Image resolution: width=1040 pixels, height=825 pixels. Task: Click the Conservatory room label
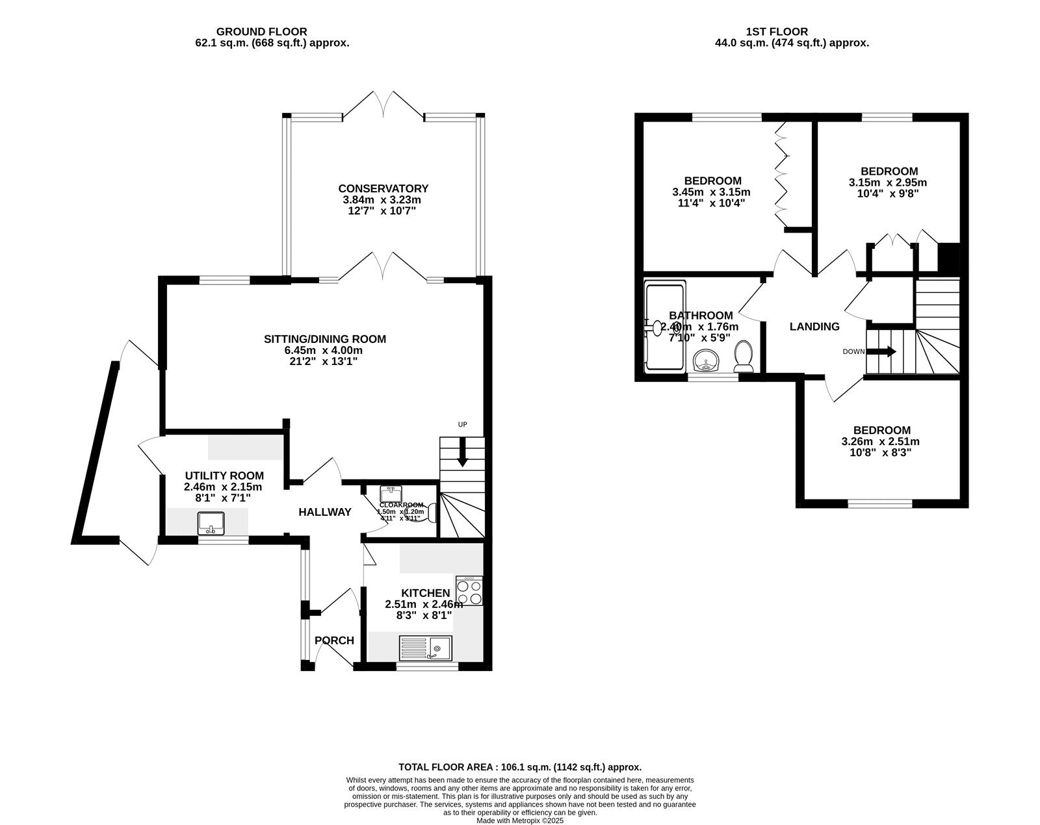point(383,188)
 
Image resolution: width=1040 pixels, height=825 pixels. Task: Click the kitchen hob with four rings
point(469,590)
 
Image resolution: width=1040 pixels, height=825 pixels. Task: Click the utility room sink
point(212,522)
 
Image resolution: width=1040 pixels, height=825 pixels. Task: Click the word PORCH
point(334,641)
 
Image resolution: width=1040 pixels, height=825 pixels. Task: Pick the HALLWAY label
point(325,512)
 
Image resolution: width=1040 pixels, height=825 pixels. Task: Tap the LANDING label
point(814,327)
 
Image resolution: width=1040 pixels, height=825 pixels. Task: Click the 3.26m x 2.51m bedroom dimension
point(881,441)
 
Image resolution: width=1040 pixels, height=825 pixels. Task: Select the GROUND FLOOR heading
point(261,31)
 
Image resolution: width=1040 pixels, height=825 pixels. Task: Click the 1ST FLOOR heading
point(777,31)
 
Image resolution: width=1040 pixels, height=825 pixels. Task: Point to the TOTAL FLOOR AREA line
point(519,767)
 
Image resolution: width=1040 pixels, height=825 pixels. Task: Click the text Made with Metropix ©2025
point(519,820)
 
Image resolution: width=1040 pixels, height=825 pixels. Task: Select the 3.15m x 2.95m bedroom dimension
point(888,183)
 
